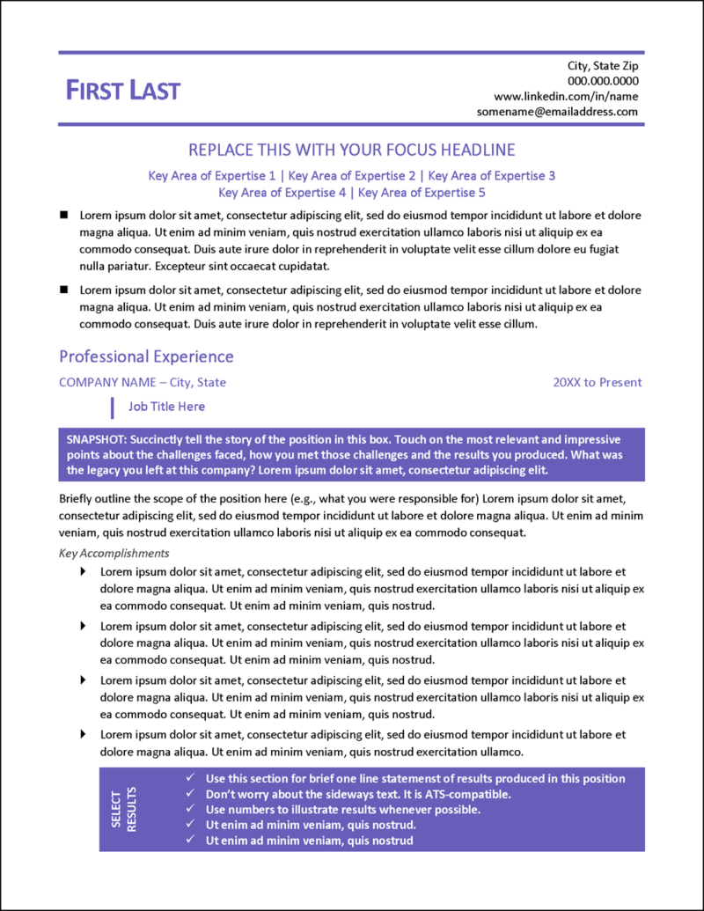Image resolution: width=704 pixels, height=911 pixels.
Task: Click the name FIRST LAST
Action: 123,90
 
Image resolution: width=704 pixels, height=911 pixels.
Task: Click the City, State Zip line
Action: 603,66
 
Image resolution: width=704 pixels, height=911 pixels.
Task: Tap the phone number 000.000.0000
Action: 603,81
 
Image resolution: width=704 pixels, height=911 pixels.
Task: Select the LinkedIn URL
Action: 566,96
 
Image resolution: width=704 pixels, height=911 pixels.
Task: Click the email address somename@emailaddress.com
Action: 557,112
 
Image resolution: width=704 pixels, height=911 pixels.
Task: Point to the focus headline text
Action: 352,150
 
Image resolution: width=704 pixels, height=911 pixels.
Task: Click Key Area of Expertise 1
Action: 212,176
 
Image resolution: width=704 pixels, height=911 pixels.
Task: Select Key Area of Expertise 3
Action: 491,176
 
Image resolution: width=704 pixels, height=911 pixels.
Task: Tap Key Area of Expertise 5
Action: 422,192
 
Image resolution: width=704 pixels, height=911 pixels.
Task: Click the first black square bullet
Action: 63,215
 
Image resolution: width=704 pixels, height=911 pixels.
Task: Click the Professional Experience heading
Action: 146,356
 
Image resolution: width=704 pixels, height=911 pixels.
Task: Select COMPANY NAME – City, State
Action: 143,382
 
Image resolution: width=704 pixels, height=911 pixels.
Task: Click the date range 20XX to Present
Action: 598,382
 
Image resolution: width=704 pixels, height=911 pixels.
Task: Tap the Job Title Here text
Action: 166,407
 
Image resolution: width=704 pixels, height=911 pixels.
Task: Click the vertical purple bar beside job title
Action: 112,407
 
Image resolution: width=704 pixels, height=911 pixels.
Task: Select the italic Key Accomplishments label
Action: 114,554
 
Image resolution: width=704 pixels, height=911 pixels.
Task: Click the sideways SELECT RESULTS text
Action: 124,808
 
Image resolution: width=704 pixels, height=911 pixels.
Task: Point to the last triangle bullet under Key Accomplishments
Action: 84,733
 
